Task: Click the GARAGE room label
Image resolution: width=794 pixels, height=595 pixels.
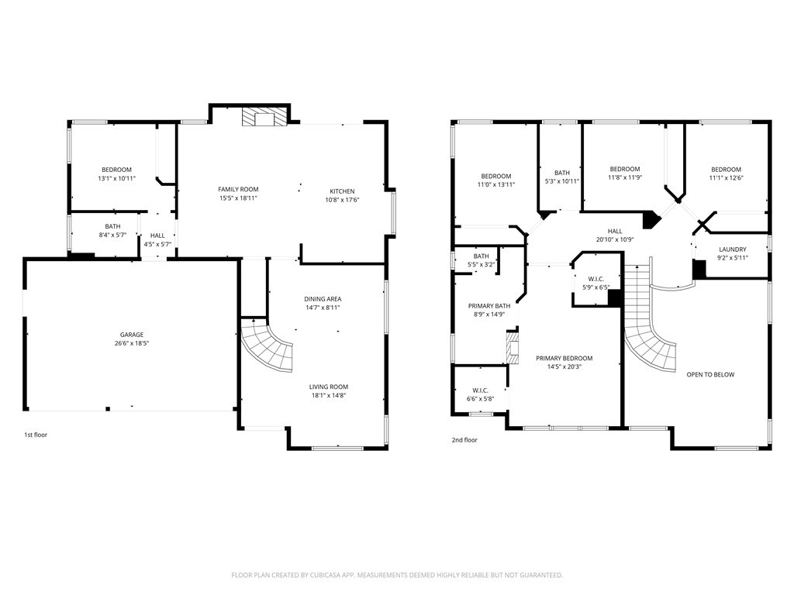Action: click(131, 335)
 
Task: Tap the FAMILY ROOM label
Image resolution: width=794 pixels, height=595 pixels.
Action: click(238, 189)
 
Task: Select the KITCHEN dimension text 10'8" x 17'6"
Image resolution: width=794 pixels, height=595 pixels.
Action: click(342, 200)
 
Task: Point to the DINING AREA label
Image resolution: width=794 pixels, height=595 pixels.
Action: click(323, 299)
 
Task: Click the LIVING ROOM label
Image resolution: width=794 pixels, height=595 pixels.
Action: click(329, 387)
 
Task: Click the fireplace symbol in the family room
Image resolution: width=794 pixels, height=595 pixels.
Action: click(264, 117)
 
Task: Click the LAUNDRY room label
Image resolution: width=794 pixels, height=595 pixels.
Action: click(732, 249)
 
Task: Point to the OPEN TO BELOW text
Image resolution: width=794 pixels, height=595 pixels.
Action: click(710, 374)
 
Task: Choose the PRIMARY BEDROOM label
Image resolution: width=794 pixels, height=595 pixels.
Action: click(564, 358)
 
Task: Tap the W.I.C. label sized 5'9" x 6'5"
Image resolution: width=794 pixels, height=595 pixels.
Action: click(595, 279)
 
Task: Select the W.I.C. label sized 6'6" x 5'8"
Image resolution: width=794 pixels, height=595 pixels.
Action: click(480, 390)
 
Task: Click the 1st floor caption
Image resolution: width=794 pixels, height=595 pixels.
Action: click(36, 435)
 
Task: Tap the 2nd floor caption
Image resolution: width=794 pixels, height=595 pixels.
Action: click(464, 440)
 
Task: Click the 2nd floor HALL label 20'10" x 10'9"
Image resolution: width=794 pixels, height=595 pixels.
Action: click(615, 231)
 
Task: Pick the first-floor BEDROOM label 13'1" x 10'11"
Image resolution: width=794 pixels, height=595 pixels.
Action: click(116, 170)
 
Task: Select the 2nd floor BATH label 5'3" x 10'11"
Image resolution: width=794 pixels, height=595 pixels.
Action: click(562, 173)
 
